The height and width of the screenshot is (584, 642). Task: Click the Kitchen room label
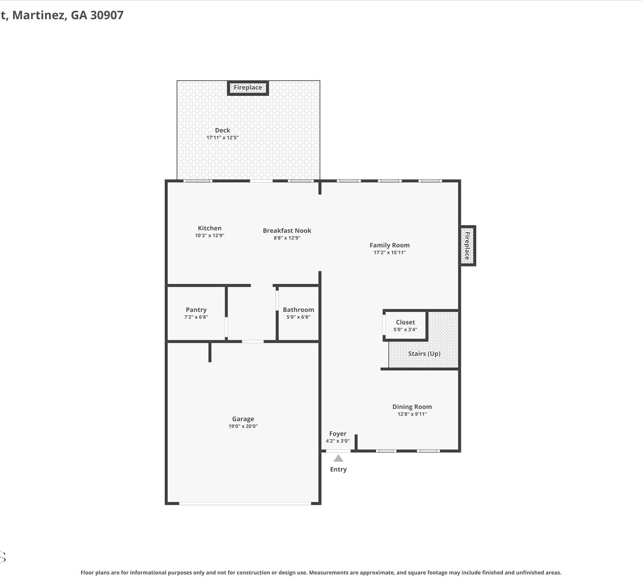209,228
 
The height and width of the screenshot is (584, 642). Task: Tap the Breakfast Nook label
287,231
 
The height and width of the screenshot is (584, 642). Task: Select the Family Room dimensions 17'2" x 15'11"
389,252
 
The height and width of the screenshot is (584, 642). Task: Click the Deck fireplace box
248,88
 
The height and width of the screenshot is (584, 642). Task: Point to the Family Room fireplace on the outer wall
467,246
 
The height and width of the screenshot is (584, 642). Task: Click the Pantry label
196,310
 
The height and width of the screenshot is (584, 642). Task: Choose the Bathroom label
298,310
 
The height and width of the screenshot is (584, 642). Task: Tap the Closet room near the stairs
405,326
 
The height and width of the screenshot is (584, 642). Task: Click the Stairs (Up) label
424,353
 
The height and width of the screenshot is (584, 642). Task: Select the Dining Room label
412,407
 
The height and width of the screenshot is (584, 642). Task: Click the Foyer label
338,433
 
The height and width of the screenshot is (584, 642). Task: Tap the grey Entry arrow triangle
338,459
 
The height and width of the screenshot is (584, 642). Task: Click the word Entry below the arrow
338,469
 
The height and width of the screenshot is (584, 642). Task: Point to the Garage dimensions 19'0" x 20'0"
243,426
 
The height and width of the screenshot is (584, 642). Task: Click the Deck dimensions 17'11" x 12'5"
223,138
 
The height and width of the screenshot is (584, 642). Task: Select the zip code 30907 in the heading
107,15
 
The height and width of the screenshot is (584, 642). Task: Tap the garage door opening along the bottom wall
245,504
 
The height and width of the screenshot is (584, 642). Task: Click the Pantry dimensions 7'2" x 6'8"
196,317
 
